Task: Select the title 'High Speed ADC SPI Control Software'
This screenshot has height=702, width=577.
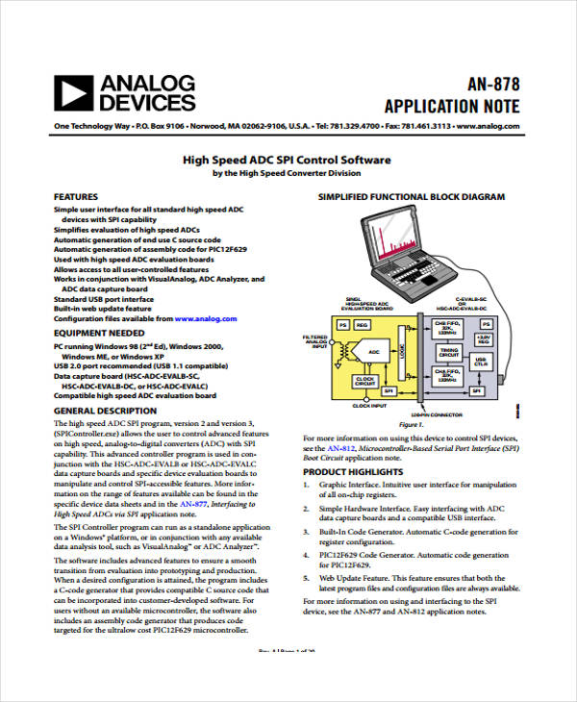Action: tap(287, 160)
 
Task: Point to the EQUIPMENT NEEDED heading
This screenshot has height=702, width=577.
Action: tap(99, 333)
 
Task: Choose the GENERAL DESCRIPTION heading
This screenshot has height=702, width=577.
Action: tap(105, 411)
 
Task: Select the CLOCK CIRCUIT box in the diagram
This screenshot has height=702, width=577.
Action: tap(364, 380)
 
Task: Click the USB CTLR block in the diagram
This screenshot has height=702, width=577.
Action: tap(481, 362)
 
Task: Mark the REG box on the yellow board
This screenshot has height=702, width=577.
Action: tap(362, 325)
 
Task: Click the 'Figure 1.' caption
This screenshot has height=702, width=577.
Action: tap(411, 423)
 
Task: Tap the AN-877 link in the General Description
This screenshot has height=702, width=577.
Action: tap(192, 503)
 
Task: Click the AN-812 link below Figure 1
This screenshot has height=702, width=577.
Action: tap(339, 448)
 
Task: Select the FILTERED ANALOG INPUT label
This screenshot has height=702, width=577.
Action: tap(314, 341)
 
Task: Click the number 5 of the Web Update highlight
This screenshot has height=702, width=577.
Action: tap(306, 578)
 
